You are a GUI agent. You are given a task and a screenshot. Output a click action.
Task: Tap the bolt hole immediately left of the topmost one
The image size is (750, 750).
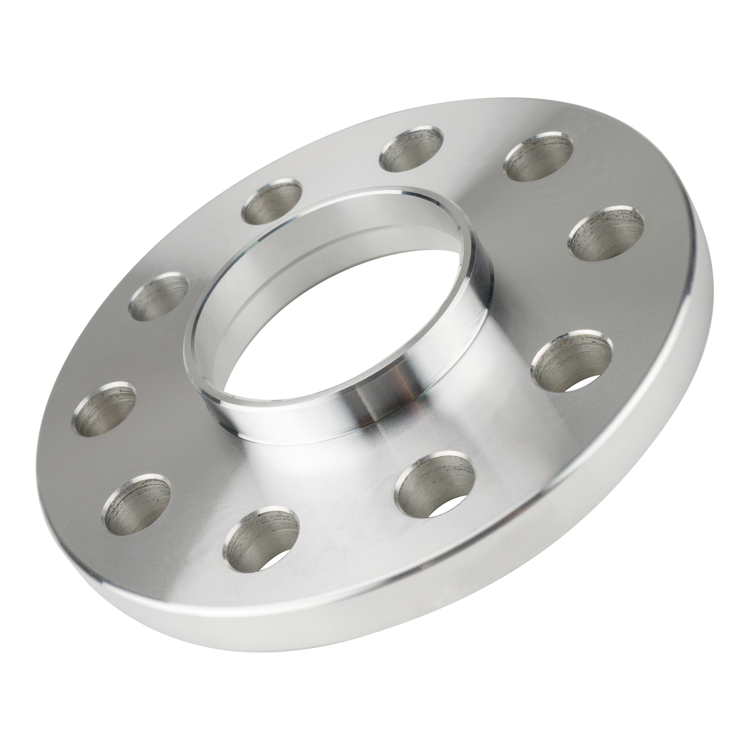tap(272, 201)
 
